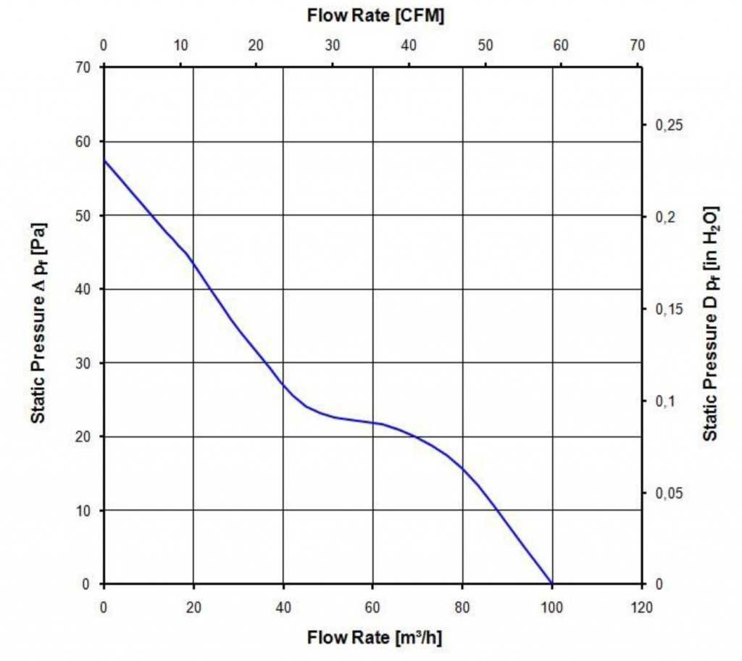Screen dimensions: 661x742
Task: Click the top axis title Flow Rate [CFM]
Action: (375, 15)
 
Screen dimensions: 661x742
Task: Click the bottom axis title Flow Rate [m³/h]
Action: (375, 638)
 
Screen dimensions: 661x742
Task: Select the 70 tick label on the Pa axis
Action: (84, 67)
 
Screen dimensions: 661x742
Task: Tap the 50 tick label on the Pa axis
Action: (84, 215)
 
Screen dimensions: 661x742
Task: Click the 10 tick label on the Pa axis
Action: (84, 510)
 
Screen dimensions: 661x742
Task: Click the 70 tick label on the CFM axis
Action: (637, 46)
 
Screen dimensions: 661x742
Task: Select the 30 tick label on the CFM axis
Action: (333, 46)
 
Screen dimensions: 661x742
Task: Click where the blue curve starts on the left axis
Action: (104, 160)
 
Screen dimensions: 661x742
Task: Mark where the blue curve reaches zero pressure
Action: (551, 583)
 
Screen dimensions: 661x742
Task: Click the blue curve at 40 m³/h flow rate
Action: (283, 384)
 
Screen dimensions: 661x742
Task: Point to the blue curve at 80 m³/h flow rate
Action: (462, 468)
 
